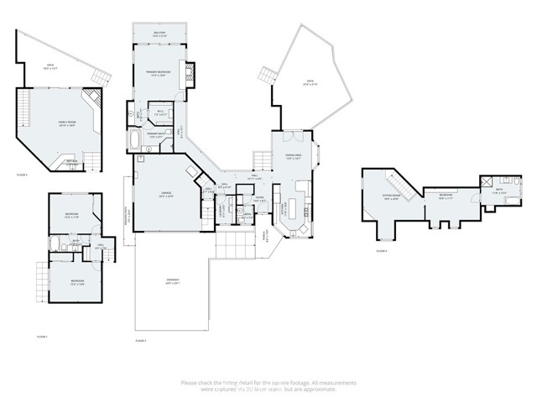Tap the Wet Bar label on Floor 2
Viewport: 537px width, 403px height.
tap(72, 160)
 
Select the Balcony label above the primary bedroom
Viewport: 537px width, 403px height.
tap(159, 34)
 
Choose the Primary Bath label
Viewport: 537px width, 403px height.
tap(159, 135)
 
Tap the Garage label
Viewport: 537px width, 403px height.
tap(166, 195)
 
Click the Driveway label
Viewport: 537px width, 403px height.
tap(173, 281)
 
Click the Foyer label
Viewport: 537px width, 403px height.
tap(259, 200)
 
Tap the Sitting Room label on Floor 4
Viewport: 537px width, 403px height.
tap(391, 198)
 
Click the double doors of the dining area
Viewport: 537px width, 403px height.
tap(290, 136)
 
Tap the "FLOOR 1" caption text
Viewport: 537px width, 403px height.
tap(42, 336)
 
